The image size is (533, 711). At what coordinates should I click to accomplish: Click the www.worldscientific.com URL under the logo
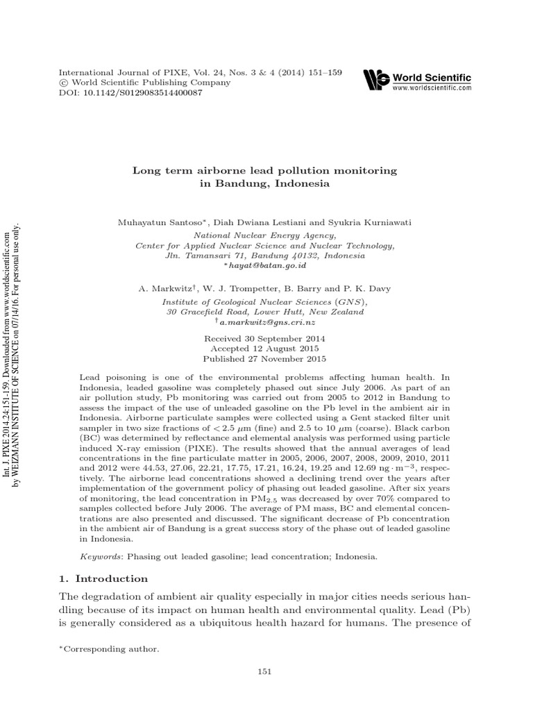(432, 89)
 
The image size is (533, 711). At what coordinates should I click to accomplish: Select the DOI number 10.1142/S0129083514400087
(139, 92)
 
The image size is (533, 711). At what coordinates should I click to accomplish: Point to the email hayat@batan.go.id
(266, 265)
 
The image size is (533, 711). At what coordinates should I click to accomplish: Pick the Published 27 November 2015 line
(264, 359)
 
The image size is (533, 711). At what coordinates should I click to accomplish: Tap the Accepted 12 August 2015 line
(264, 349)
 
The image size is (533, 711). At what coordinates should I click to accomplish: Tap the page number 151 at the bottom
(264, 671)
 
